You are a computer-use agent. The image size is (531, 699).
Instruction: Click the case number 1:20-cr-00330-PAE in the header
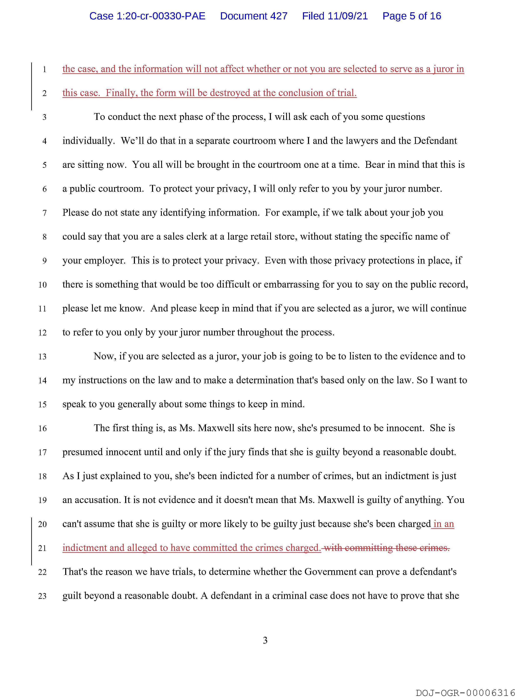coord(147,16)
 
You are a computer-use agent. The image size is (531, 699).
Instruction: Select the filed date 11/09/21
coord(348,16)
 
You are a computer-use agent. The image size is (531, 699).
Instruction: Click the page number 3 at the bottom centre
coord(265,640)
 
